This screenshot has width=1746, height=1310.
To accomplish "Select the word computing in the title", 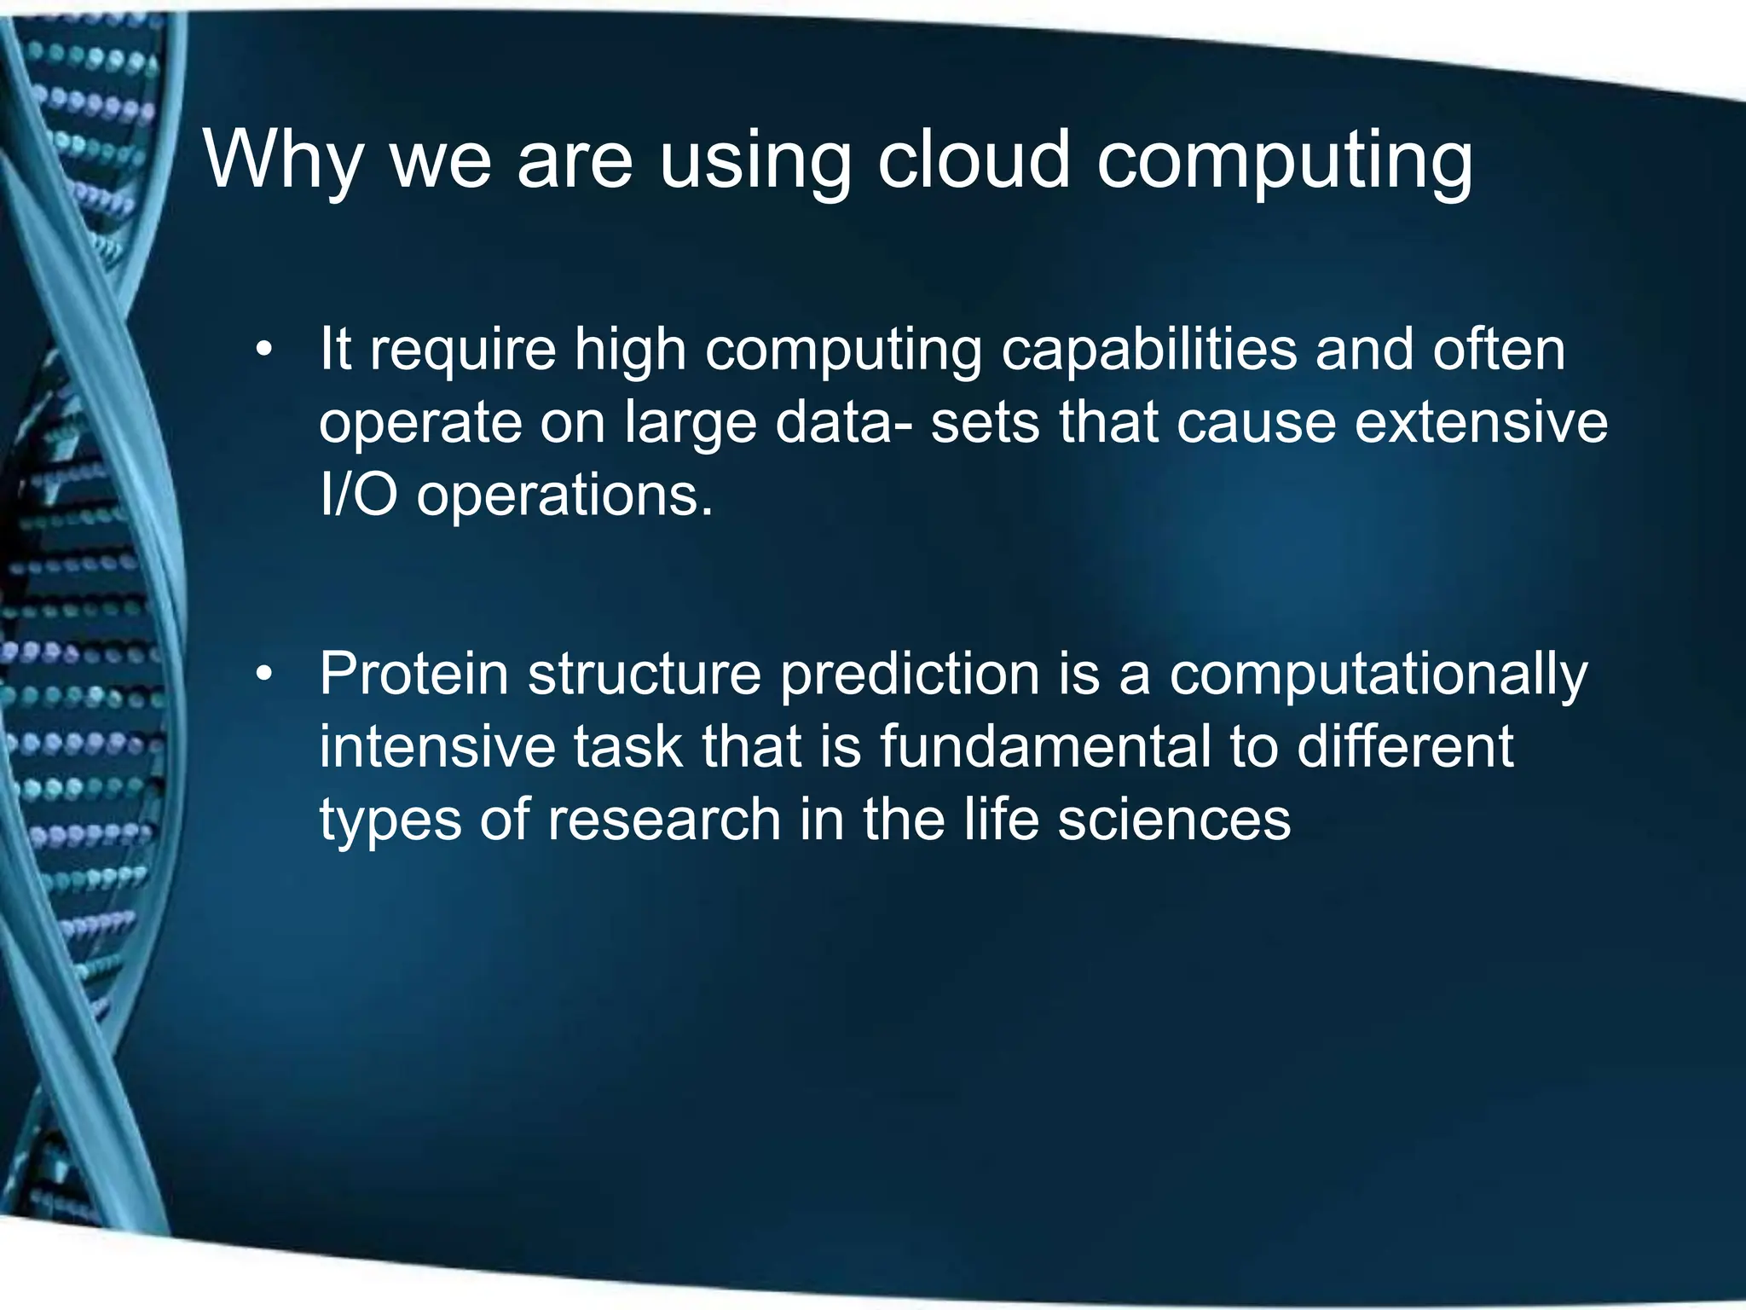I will pos(1284,162).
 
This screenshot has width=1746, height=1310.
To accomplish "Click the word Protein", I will pos(413,675).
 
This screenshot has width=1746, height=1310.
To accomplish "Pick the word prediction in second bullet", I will pos(909,675).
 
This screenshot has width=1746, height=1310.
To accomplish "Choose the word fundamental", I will pos(1044,746).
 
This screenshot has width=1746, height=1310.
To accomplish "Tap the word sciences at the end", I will pos(1174,820).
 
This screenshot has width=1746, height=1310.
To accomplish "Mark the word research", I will pos(664,820).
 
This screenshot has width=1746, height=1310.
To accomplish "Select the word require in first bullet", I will pos(461,351).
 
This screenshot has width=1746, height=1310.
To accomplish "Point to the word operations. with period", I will pos(564,496).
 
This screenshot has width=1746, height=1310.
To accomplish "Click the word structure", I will pos(644,675).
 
